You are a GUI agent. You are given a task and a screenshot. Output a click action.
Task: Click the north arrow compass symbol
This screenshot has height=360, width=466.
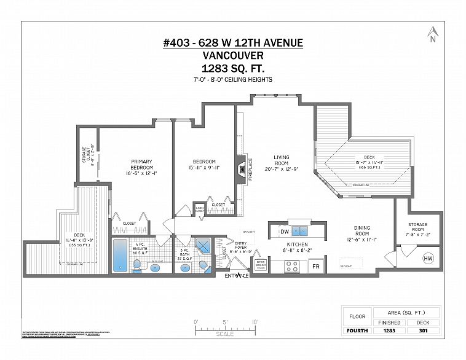point(433,35)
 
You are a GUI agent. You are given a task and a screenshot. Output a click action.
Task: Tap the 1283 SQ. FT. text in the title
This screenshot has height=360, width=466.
point(232,68)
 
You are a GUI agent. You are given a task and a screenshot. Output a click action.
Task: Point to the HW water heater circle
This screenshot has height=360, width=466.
point(428,260)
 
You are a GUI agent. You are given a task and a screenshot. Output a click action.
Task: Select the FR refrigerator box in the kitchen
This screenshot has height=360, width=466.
point(316,267)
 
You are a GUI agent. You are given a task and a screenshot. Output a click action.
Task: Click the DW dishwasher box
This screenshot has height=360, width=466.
point(285,232)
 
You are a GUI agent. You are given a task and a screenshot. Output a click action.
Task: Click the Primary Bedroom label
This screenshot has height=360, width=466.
point(141,166)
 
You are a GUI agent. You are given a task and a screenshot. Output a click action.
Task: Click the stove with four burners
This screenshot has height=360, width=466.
point(292,267)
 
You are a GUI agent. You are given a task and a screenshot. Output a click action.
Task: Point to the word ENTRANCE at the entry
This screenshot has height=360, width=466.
point(236,275)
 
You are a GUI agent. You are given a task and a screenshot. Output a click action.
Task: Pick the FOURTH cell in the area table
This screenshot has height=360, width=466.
point(357,331)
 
